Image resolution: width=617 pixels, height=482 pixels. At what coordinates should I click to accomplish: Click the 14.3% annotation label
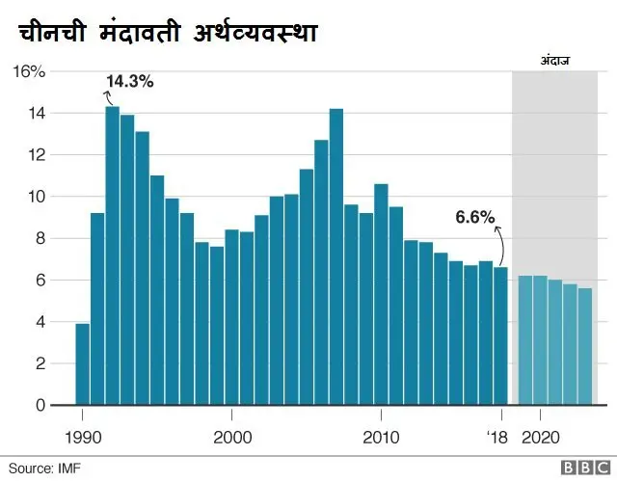click(130, 81)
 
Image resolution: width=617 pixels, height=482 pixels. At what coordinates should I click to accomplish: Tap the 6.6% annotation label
click(474, 218)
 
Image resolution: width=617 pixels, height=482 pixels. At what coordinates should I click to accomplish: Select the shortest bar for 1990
click(82, 364)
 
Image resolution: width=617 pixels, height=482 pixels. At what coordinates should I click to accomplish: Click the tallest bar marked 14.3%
click(112, 255)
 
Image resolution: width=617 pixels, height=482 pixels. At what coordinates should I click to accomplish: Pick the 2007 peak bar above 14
click(336, 256)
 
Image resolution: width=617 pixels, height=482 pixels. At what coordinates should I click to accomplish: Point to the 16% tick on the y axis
click(28, 71)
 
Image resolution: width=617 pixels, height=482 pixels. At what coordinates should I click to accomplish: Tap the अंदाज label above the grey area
click(555, 61)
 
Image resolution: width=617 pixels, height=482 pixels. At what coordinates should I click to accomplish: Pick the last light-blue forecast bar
click(585, 347)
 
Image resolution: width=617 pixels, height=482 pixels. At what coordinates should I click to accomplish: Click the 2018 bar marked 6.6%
click(500, 336)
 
